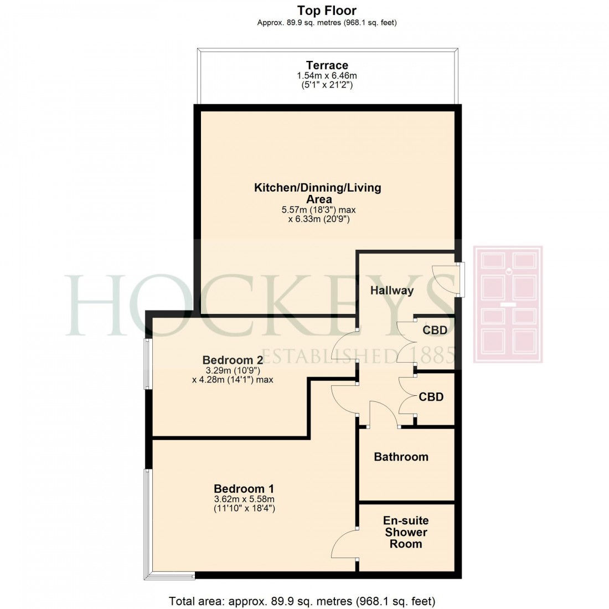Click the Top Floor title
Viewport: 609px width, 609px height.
[327, 11]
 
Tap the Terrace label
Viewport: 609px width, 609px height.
[327, 65]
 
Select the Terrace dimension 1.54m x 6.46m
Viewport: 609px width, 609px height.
[327, 76]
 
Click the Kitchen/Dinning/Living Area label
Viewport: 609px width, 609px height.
[318, 193]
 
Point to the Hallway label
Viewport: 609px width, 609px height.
[392, 290]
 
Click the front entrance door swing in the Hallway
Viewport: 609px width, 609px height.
[445, 279]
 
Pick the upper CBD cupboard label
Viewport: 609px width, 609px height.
[435, 331]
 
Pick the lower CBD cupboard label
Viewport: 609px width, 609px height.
[431, 397]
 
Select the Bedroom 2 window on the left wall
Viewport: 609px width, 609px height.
[148, 364]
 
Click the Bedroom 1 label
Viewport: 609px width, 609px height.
[244, 489]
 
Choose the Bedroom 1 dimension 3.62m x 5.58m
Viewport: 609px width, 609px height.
[244, 499]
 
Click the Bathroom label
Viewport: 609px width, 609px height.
[401, 457]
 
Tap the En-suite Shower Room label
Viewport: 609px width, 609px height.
[406, 532]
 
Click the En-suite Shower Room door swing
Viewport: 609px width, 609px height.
[344, 543]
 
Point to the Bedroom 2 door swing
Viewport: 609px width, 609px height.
[344, 344]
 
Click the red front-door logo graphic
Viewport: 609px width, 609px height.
[508, 304]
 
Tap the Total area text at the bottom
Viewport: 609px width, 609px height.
[302, 600]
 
